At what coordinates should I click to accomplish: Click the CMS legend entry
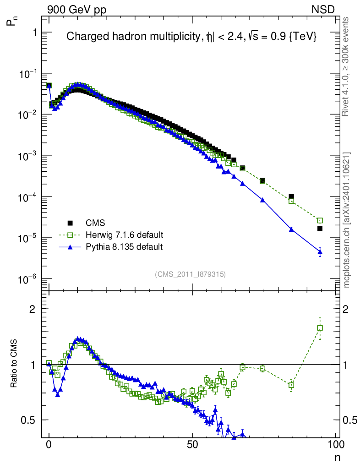(96, 223)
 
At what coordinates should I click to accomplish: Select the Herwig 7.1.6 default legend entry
(124, 235)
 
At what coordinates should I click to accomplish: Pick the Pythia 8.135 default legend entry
(124, 247)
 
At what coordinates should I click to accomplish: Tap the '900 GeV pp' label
(76, 9)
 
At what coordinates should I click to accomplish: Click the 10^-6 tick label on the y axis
(28, 279)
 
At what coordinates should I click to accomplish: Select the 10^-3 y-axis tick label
(28, 156)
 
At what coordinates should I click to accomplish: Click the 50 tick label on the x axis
(193, 444)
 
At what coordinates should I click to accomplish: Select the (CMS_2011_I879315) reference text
(190, 274)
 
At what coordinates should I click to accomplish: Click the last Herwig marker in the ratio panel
(320, 328)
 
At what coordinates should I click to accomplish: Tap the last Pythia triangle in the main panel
(320, 252)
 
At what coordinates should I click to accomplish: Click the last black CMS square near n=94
(320, 229)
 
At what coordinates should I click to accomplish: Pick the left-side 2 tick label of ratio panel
(33, 309)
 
